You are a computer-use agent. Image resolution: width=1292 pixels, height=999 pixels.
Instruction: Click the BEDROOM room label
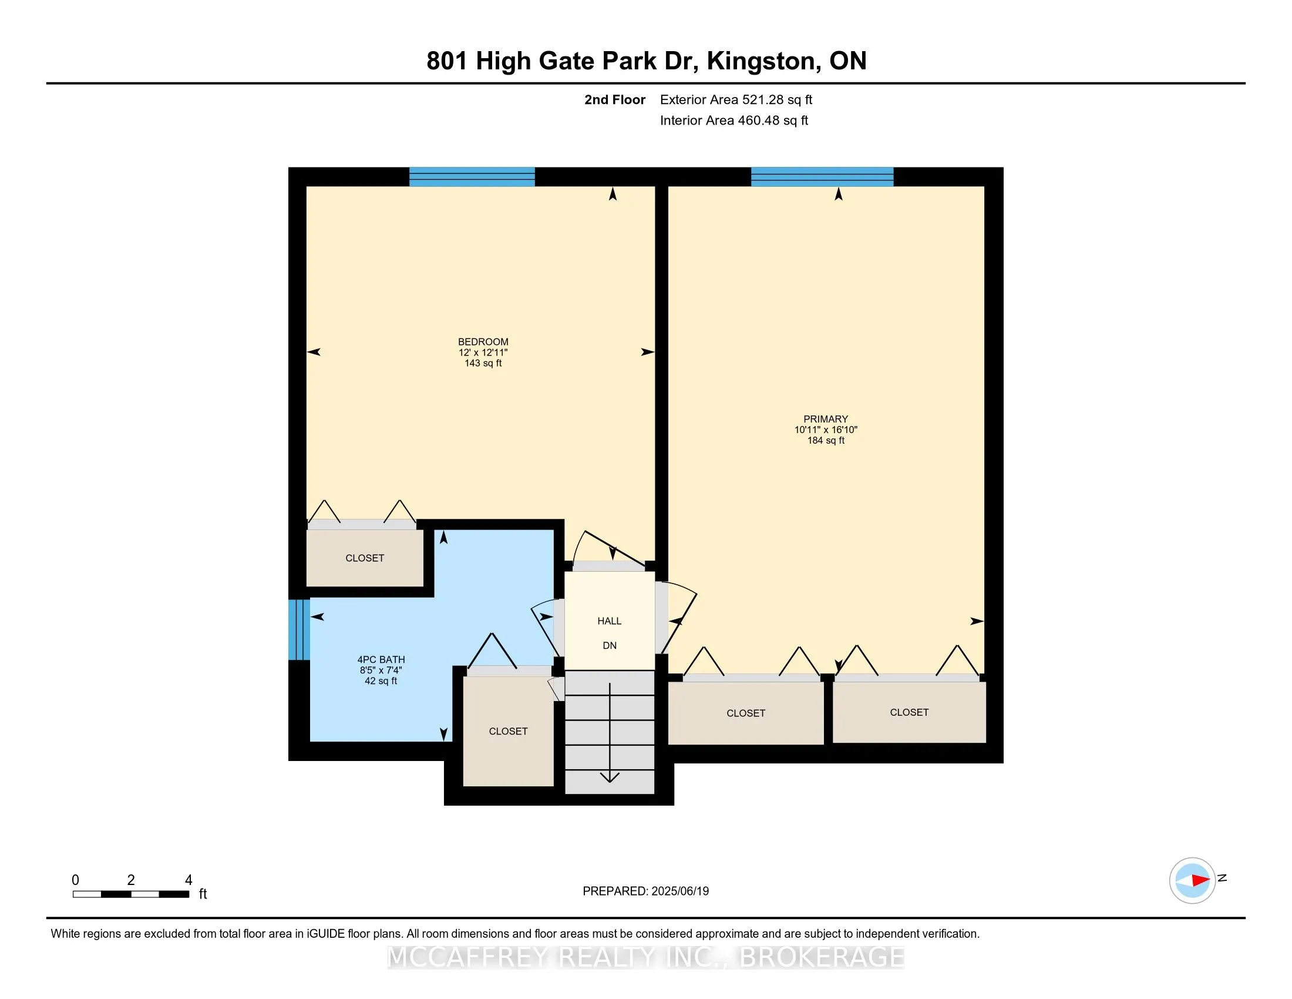coord(483,341)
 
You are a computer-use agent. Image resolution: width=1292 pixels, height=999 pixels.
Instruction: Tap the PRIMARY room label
coord(825,419)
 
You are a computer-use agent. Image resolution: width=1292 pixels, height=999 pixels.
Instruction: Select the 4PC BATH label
coord(381,659)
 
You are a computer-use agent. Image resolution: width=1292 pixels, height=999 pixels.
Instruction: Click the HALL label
coord(610,621)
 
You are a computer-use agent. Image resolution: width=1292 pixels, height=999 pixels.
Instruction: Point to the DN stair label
coord(610,645)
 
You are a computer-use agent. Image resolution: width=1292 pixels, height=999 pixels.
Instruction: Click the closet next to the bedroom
coord(365,558)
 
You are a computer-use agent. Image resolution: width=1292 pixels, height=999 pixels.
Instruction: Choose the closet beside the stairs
coord(508,732)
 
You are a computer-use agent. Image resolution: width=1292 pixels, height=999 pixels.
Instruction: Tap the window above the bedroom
coord(472,177)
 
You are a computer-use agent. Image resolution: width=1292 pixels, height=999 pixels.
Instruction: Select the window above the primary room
coord(822,177)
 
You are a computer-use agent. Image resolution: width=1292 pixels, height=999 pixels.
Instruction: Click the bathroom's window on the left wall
coord(300,629)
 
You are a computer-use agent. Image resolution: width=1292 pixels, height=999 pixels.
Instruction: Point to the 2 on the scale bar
coord(131,880)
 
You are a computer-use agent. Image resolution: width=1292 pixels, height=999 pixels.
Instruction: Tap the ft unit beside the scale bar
coord(203,894)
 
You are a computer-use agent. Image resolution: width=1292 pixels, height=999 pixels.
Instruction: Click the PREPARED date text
coord(645,891)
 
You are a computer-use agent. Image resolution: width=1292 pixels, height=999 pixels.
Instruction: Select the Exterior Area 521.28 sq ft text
coord(736,100)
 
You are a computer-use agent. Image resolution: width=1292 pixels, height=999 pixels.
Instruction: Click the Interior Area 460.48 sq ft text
coord(734,120)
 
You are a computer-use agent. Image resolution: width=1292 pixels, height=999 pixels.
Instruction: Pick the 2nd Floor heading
coord(615,100)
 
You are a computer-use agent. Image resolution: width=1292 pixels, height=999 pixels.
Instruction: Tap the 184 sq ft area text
coord(825,440)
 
